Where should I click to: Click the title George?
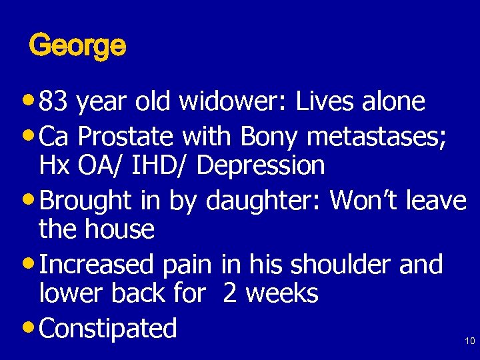pyautogui.click(x=77, y=47)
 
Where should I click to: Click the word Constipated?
pyautogui.click(x=108, y=328)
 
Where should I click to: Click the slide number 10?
pyautogui.click(x=469, y=341)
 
